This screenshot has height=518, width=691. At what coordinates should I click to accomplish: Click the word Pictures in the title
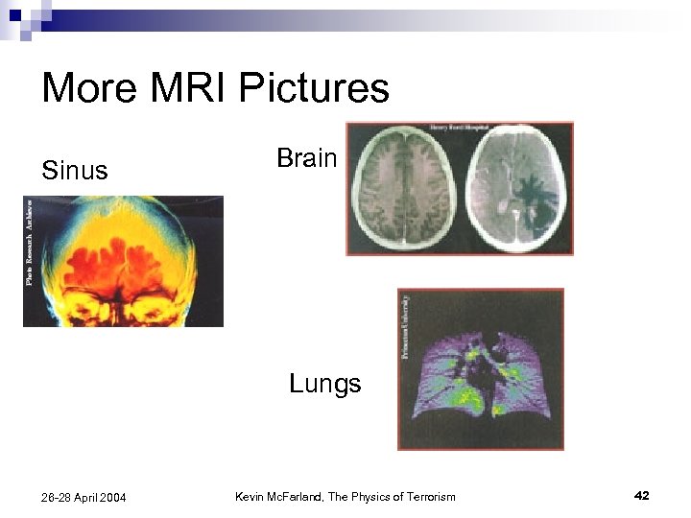[x=314, y=88]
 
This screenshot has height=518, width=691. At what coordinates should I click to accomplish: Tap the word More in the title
[x=85, y=88]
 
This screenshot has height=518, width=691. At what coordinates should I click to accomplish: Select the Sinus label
[x=75, y=171]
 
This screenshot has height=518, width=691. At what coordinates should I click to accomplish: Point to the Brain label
[x=306, y=157]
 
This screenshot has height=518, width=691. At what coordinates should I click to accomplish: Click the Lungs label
[x=325, y=384]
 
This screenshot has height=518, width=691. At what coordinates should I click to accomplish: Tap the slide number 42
[x=642, y=495]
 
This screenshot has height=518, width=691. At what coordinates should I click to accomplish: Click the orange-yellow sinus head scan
[x=131, y=261]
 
